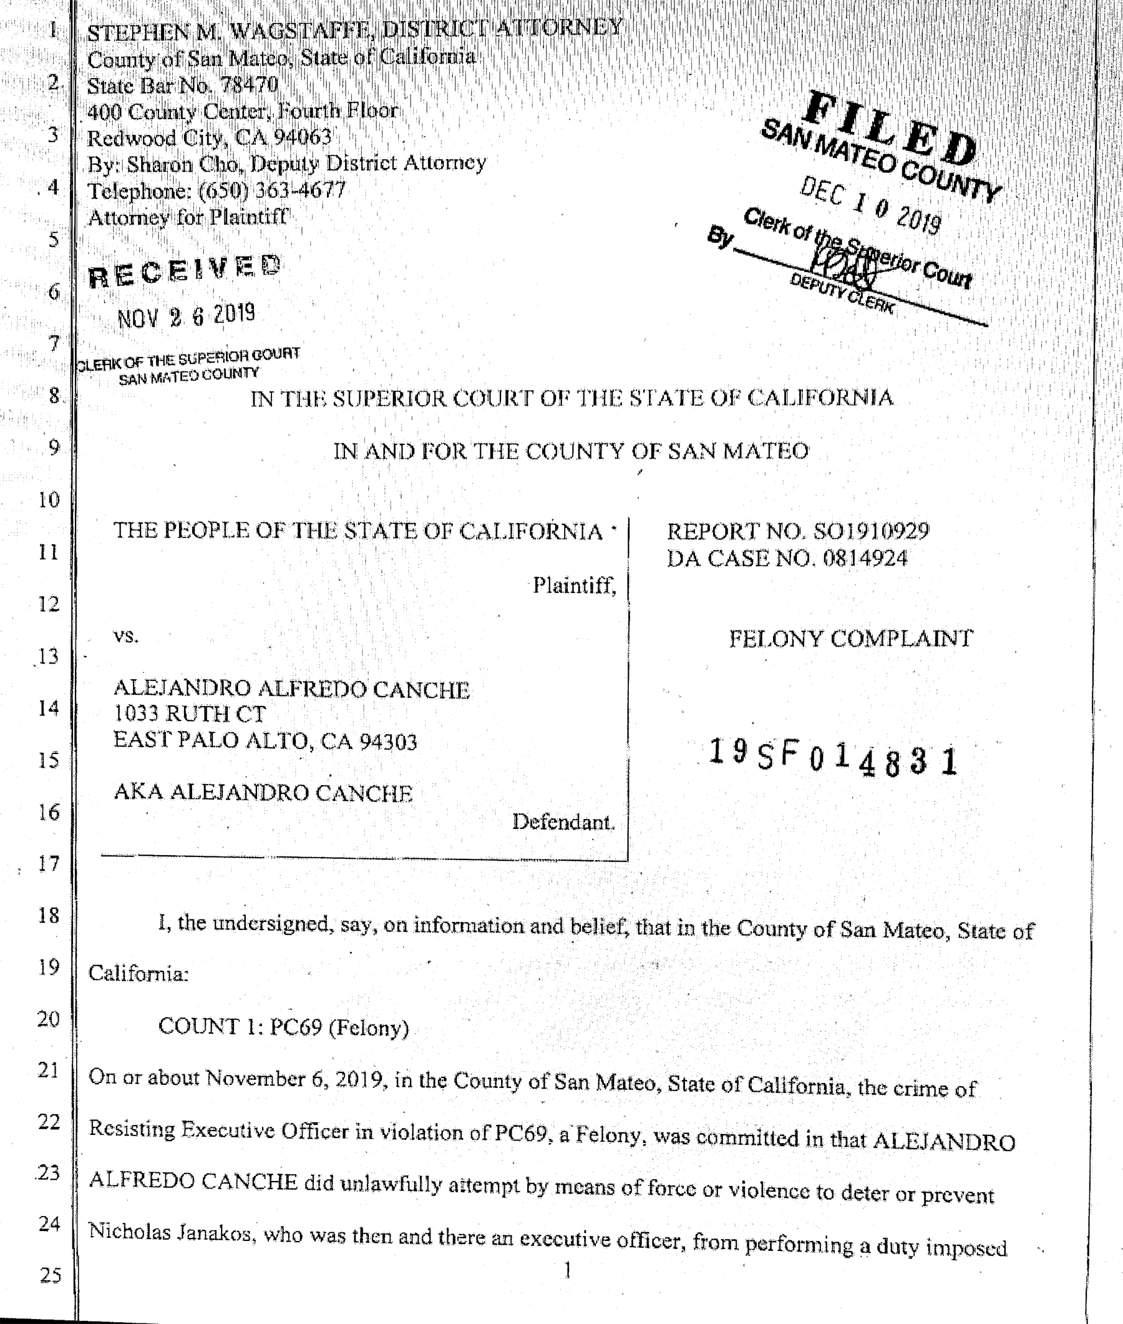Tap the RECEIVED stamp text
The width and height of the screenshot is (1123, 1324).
click(x=184, y=272)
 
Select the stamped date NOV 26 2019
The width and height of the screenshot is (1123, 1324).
click(x=187, y=316)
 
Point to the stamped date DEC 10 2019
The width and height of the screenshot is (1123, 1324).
click(x=871, y=206)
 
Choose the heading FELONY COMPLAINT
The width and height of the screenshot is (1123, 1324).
click(x=850, y=638)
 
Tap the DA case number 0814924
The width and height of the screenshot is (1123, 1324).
click(x=865, y=559)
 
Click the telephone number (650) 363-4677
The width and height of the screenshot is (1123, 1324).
click(x=272, y=190)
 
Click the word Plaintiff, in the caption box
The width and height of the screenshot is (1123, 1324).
click(x=574, y=586)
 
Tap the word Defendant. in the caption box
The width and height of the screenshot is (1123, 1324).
click(x=563, y=822)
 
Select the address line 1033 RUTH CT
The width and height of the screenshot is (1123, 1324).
click(x=190, y=714)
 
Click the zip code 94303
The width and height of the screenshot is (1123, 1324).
click(x=388, y=742)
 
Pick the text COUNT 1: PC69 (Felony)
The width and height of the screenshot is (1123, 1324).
click(x=283, y=1027)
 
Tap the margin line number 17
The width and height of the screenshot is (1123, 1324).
click(x=49, y=863)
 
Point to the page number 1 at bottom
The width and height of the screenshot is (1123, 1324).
click(x=567, y=1270)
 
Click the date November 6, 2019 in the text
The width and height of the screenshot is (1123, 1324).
click(x=297, y=1079)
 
